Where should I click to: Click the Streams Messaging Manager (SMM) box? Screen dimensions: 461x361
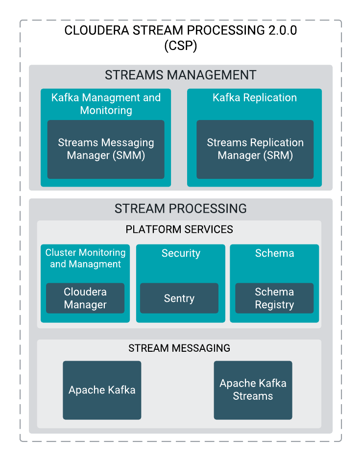coord(106,149)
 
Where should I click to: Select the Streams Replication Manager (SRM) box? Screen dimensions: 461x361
coord(255,149)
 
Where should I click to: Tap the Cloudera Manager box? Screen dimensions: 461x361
coord(85,298)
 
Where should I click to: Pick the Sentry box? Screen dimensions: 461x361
coord(179,298)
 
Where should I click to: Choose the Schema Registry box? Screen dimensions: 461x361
coord(274,298)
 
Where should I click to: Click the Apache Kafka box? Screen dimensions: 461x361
coord(102,390)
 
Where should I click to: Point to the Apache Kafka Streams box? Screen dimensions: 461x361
coord(253,390)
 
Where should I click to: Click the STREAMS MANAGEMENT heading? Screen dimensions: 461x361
coord(180,75)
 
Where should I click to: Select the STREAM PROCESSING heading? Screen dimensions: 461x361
coord(180,209)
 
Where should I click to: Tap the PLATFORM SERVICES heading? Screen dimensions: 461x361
coord(179,229)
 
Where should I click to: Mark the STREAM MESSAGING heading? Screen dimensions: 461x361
coord(179,348)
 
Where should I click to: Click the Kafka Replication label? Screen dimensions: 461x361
coord(255,97)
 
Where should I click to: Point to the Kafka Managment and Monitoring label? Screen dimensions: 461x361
coord(106,104)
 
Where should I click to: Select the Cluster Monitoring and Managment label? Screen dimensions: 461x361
coord(85,258)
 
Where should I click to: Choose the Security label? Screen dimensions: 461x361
coord(181,253)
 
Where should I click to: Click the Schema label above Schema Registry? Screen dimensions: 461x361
coord(274,253)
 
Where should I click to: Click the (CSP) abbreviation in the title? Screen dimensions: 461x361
coord(180,47)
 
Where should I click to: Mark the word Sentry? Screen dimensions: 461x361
coord(179,298)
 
